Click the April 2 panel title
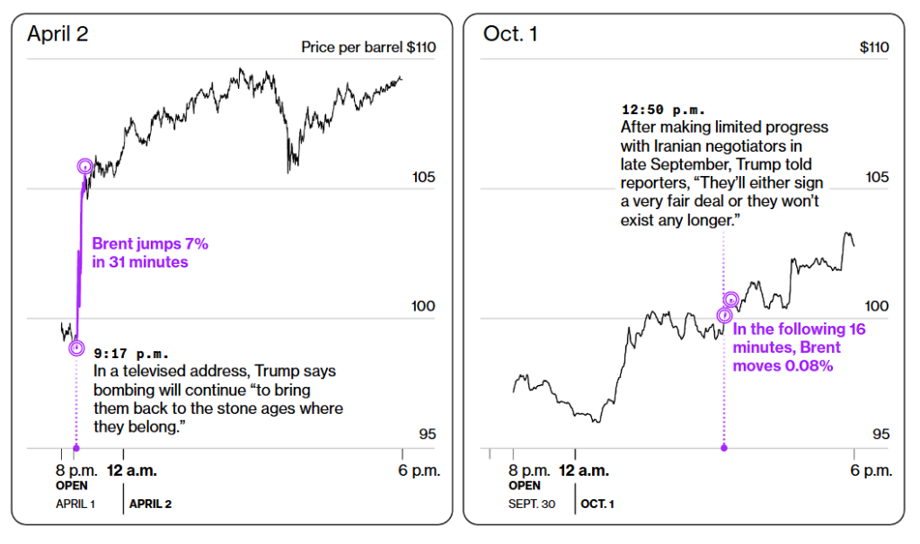(57, 33)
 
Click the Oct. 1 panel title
(510, 33)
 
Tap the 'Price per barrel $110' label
(368, 47)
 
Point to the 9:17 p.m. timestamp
(131, 354)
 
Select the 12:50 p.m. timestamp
(663, 110)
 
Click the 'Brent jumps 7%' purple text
(150, 243)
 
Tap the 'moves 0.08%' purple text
(783, 365)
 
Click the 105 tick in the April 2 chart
(423, 177)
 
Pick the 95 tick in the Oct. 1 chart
(880, 434)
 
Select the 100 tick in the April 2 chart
(423, 306)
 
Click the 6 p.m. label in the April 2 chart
(419, 470)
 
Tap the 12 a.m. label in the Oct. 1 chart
(584, 470)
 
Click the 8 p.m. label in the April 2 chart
(77, 470)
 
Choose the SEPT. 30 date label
(532, 504)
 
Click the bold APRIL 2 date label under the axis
(150, 504)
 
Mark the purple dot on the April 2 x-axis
(76, 449)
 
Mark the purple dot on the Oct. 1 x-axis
(724, 449)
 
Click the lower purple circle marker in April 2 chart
(76, 348)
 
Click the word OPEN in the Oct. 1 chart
(525, 486)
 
